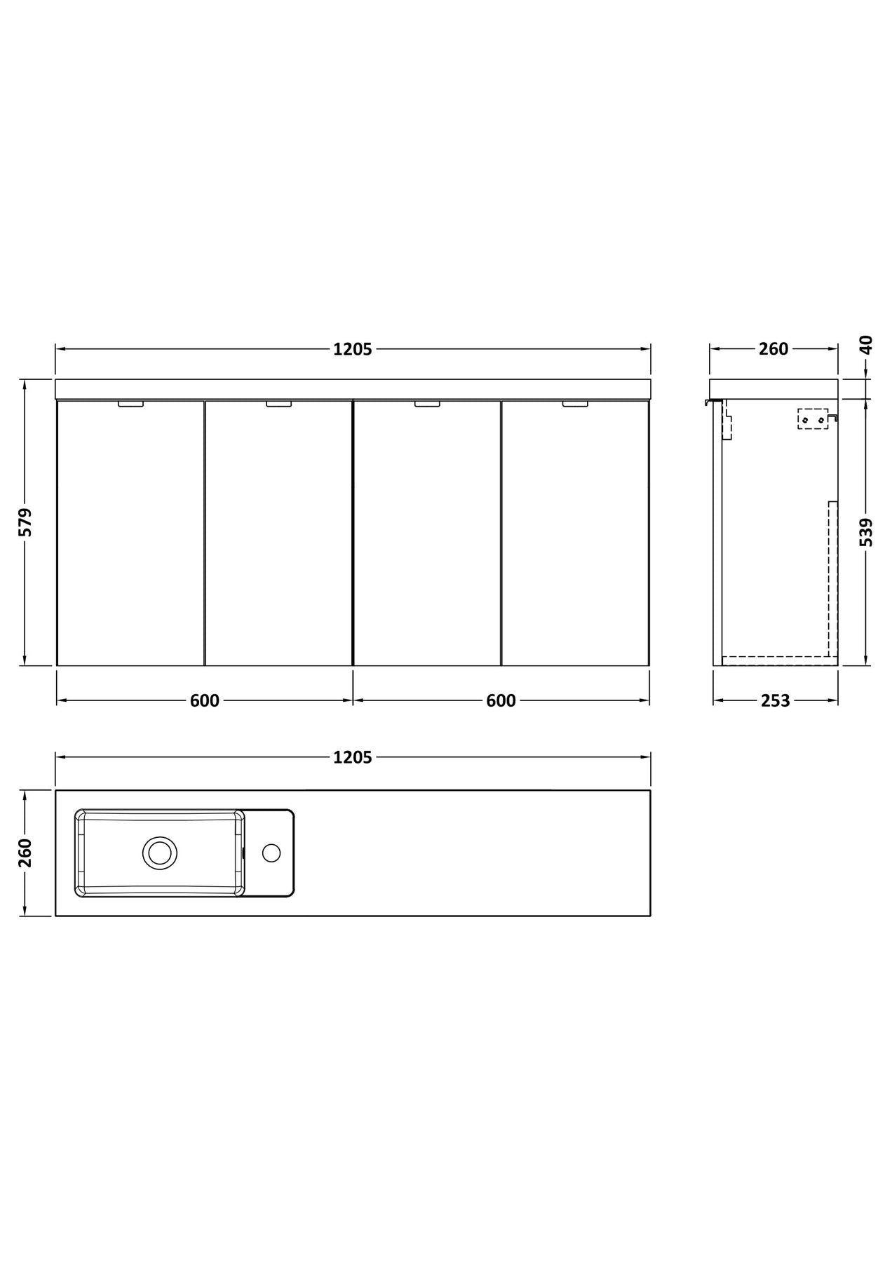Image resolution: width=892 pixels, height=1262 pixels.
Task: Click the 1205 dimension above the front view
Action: tap(353, 349)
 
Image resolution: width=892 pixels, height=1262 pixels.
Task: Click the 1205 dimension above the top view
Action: tap(353, 757)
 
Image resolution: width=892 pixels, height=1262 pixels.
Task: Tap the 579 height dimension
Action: tap(25, 522)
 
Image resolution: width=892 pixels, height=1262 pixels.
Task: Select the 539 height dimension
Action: tap(867, 532)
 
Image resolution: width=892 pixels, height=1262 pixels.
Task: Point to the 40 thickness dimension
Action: tap(867, 344)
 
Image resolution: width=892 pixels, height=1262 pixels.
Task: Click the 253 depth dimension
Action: tap(776, 700)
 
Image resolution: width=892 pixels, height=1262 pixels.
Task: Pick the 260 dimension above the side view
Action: tap(774, 349)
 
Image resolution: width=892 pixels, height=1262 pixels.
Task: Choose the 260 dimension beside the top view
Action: tap(25, 853)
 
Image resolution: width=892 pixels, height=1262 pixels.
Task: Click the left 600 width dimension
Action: tap(205, 700)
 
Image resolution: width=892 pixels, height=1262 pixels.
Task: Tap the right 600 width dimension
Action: tap(501, 700)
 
